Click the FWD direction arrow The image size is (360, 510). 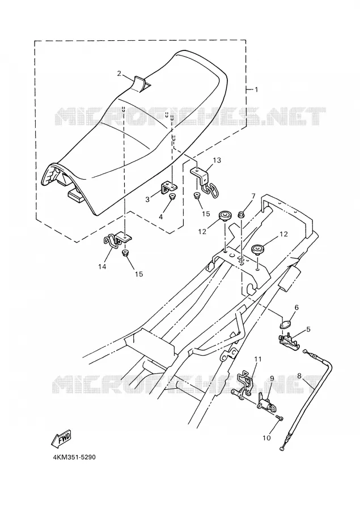tap(61, 439)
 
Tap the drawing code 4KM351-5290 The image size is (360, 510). tap(74, 457)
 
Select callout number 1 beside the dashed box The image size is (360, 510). tap(256, 90)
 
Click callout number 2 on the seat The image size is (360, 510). tap(119, 74)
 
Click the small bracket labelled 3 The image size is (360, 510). tap(170, 188)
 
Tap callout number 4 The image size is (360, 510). tap(161, 216)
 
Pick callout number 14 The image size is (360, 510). tap(102, 267)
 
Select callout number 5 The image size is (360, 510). tap(308, 329)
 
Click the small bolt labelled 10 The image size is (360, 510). tap(279, 417)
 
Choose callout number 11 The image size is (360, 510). tap(258, 359)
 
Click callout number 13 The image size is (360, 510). tap(217, 160)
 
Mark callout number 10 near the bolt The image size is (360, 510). tap(266, 438)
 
